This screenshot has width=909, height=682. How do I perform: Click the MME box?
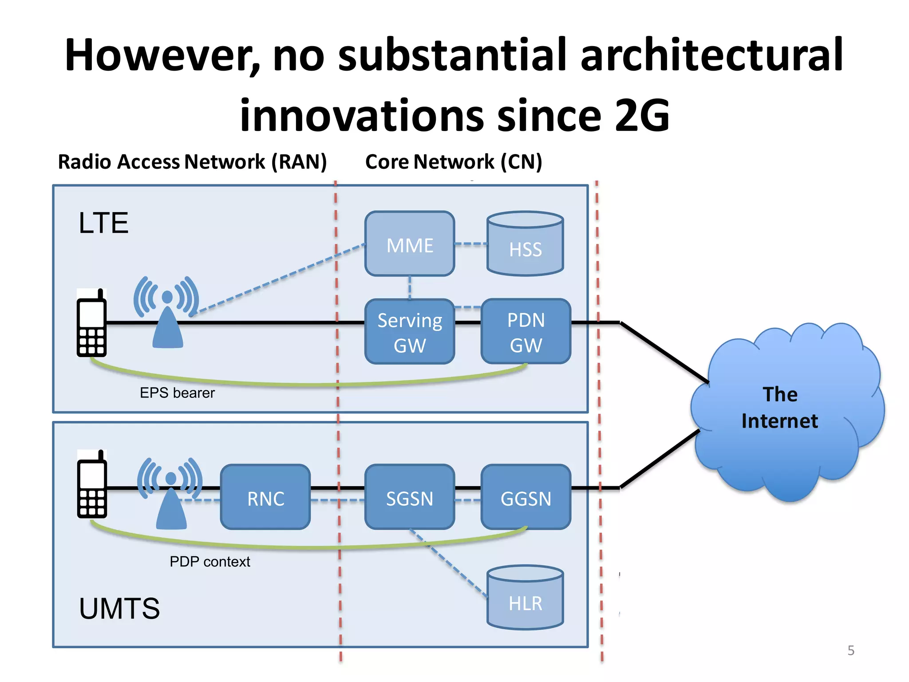[409, 244]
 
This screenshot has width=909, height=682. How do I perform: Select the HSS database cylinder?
[525, 244]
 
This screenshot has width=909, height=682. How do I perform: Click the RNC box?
[265, 497]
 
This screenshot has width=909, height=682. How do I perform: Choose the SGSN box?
[409, 497]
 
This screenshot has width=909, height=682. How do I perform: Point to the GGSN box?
[526, 497]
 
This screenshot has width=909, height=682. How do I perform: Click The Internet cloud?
[781, 408]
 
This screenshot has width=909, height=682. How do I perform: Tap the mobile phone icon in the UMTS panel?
[92, 484]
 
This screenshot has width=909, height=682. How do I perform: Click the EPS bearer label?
[177, 393]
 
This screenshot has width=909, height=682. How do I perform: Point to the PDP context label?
[209, 562]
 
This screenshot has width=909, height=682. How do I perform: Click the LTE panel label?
[103, 223]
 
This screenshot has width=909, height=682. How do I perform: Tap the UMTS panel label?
[119, 608]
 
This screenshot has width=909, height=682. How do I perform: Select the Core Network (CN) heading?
[453, 162]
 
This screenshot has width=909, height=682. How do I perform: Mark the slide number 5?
[850, 650]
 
